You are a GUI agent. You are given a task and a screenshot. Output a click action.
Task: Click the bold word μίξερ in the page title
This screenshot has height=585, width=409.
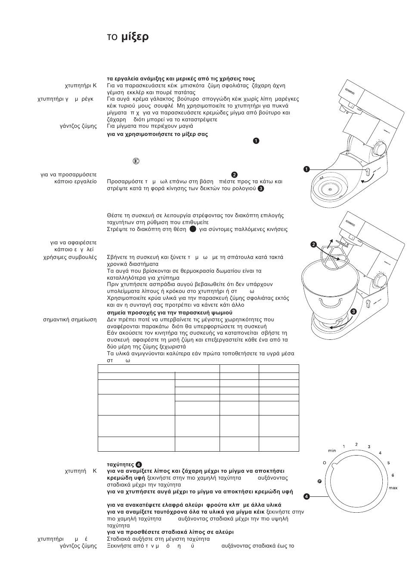pyautogui.click(x=135, y=37)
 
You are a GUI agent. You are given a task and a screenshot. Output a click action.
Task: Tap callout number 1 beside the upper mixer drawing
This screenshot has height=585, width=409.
pyautogui.click(x=307, y=169)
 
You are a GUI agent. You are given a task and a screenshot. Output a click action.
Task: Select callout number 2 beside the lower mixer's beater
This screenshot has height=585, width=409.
pyautogui.click(x=314, y=244)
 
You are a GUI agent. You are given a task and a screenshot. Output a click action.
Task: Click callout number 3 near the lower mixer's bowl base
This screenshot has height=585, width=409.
pyautogui.click(x=353, y=311)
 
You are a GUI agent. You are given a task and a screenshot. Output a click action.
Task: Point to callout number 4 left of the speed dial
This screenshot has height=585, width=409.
pyautogui.click(x=307, y=496)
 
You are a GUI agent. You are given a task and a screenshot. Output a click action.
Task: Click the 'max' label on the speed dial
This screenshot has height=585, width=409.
pyautogui.click(x=393, y=488)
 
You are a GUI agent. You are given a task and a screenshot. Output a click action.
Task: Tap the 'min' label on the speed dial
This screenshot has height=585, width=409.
pyautogui.click(x=332, y=450)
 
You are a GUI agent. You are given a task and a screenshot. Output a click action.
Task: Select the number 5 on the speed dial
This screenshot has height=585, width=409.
pyautogui.click(x=388, y=463)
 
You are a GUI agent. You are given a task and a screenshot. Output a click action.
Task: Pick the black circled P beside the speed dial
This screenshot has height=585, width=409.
pyautogui.click(x=319, y=481)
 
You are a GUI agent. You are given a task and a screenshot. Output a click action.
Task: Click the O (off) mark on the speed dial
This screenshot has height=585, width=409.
pyautogui.click(x=325, y=463)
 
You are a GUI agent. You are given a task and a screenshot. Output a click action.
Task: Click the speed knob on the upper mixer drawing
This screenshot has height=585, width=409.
pyautogui.click(x=380, y=149)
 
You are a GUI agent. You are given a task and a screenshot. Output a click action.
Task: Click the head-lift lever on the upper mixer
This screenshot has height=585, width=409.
pyautogui.click(x=368, y=172)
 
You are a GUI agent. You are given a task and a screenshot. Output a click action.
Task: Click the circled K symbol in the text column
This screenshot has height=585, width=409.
pyautogui.click(x=136, y=161)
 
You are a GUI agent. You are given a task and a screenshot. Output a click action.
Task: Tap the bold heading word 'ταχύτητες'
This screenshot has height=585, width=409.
pyautogui.click(x=120, y=465)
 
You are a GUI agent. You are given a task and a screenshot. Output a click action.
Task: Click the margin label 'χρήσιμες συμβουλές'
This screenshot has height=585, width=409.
pyautogui.click(x=70, y=257)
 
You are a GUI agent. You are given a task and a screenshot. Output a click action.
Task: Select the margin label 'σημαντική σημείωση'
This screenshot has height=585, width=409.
pyautogui.click(x=70, y=320)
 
